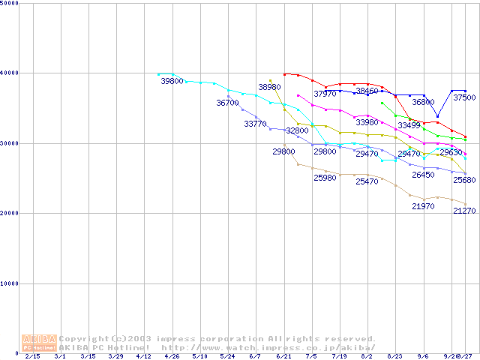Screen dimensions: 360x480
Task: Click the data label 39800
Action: click(172, 81)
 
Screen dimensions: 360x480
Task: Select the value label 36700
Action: click(227, 103)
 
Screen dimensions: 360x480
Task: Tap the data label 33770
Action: click(255, 124)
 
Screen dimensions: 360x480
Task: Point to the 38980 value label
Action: click(269, 88)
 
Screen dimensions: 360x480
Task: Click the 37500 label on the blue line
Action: click(463, 98)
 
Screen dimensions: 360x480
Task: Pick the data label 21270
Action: click(464, 211)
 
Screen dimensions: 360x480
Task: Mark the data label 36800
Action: click(423, 102)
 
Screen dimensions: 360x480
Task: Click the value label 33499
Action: click(409, 125)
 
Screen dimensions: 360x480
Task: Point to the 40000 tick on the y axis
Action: click(9, 73)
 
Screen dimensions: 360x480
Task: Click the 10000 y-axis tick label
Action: click(9, 283)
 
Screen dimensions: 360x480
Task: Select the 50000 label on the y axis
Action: click(9, 4)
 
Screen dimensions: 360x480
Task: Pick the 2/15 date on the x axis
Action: click(33, 357)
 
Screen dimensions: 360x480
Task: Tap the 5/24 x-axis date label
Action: click(228, 357)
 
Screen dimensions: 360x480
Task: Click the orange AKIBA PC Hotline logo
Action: click(39, 343)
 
